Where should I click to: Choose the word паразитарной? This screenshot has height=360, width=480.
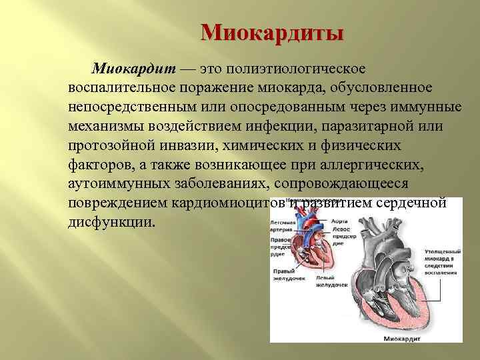click(x=370, y=127)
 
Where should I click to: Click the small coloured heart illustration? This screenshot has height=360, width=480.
click(x=311, y=240)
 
